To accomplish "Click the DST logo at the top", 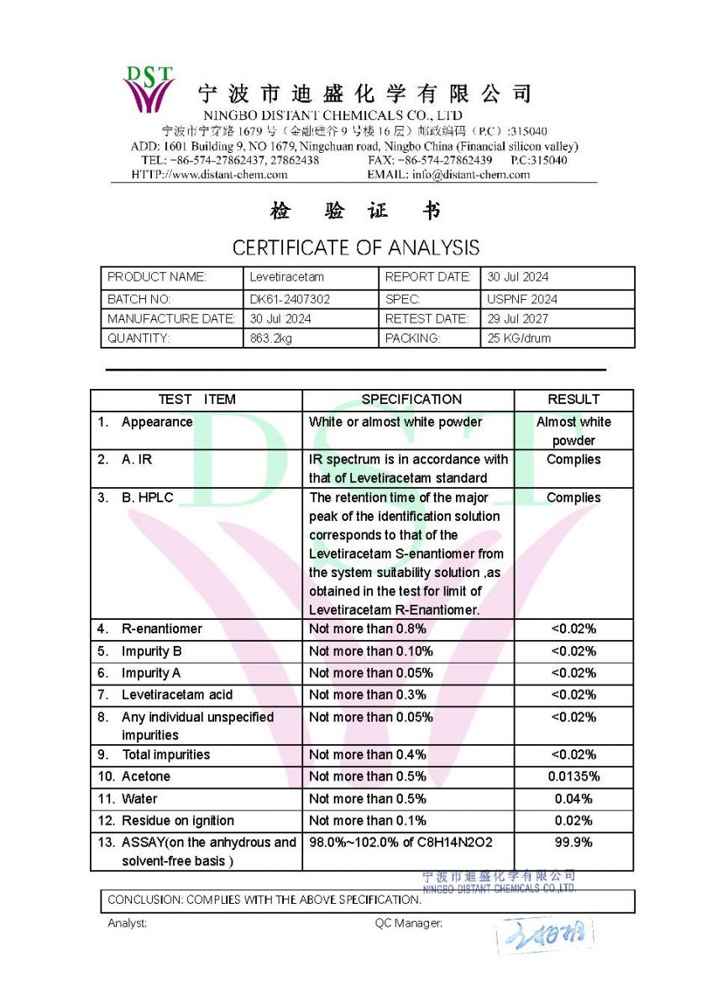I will point(149,89).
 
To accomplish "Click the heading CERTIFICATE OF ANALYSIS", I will point(356,248).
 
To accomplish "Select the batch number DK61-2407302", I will point(290,299).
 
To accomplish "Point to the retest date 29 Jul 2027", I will point(517,319).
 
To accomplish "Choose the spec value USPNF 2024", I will point(521,299).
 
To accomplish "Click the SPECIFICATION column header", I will point(411,400).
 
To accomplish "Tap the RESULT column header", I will point(573,400).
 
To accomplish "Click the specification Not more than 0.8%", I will point(368,629).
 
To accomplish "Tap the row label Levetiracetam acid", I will point(177,695).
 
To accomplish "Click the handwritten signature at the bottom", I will point(544,934).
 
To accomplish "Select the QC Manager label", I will point(408,923).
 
